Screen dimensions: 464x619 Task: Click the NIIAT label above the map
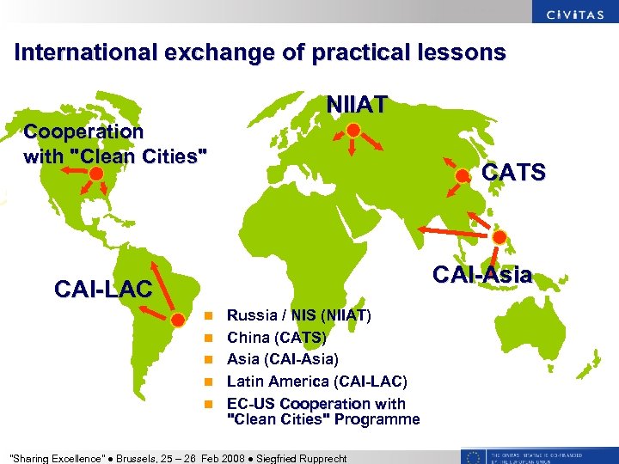357,104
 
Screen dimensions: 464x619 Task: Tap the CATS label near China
514,173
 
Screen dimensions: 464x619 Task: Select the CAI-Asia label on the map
482,276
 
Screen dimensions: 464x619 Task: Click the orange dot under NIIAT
353,130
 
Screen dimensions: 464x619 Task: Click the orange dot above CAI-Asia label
499,238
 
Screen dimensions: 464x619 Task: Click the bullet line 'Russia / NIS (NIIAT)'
298,315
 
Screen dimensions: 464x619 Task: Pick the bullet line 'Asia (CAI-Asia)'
282,358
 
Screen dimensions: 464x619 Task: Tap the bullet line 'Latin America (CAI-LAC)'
316,381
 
